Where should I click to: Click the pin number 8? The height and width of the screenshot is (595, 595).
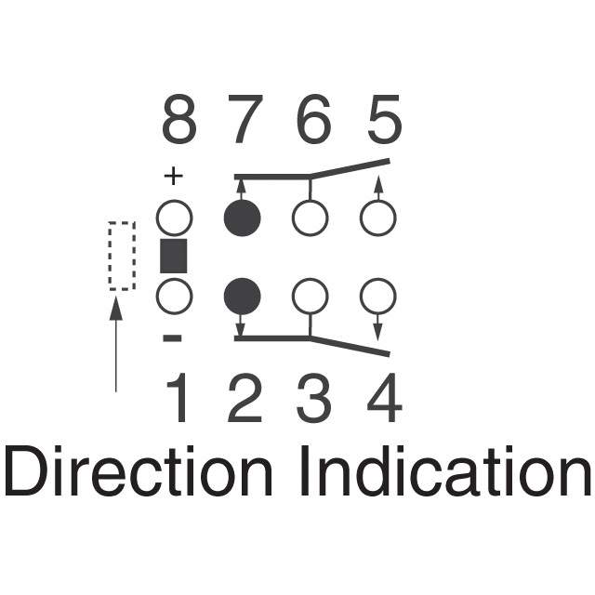pyautogui.click(x=179, y=119)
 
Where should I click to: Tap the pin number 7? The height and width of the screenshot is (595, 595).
pyautogui.click(x=245, y=119)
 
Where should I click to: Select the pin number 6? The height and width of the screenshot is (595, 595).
pyautogui.click(x=313, y=119)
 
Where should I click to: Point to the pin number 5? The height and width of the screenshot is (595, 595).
pyautogui.click(x=384, y=119)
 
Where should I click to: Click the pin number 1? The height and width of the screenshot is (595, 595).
pyautogui.click(x=178, y=397)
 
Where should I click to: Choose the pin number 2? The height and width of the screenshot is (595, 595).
pyautogui.click(x=245, y=397)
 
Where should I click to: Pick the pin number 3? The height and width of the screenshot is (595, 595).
pyautogui.click(x=314, y=398)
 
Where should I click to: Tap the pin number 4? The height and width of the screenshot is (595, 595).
pyautogui.click(x=384, y=397)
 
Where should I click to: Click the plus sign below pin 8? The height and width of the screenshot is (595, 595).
pyautogui.click(x=174, y=176)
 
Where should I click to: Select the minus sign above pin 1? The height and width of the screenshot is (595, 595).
pyautogui.click(x=173, y=337)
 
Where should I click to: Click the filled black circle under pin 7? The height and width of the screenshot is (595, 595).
pyautogui.click(x=243, y=218)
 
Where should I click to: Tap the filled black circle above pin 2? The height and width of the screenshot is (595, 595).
pyautogui.click(x=243, y=296)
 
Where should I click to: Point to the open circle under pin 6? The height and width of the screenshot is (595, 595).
pyautogui.click(x=310, y=218)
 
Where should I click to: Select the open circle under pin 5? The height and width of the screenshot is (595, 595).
pyautogui.click(x=378, y=218)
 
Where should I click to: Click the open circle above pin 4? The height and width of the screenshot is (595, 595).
pyautogui.click(x=378, y=296)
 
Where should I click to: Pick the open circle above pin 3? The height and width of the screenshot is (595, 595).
pyautogui.click(x=310, y=296)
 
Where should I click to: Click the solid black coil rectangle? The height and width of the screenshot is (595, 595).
pyautogui.click(x=174, y=256)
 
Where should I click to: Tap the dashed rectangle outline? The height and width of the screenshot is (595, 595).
pyautogui.click(x=110, y=257)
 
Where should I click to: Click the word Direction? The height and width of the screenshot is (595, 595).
pyautogui.click(x=139, y=470)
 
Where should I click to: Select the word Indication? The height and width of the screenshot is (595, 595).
pyautogui.click(x=446, y=470)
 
